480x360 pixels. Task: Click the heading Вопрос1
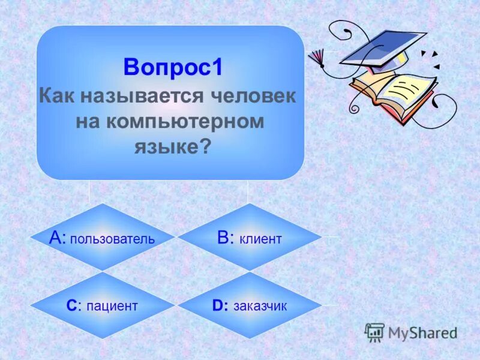coord(173,67)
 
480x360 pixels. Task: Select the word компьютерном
coord(187,121)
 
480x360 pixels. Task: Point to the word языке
coord(166,146)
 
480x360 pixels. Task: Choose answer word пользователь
coord(112,239)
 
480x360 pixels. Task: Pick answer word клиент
coord(260,239)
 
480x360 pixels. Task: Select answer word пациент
coord(112,306)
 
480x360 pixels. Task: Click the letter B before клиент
coord(224,238)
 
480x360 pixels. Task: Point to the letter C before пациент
coord(71,306)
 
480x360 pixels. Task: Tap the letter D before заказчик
coord(218,306)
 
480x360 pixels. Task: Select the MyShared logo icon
coord(374,332)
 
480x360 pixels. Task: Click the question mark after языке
coord(205,146)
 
